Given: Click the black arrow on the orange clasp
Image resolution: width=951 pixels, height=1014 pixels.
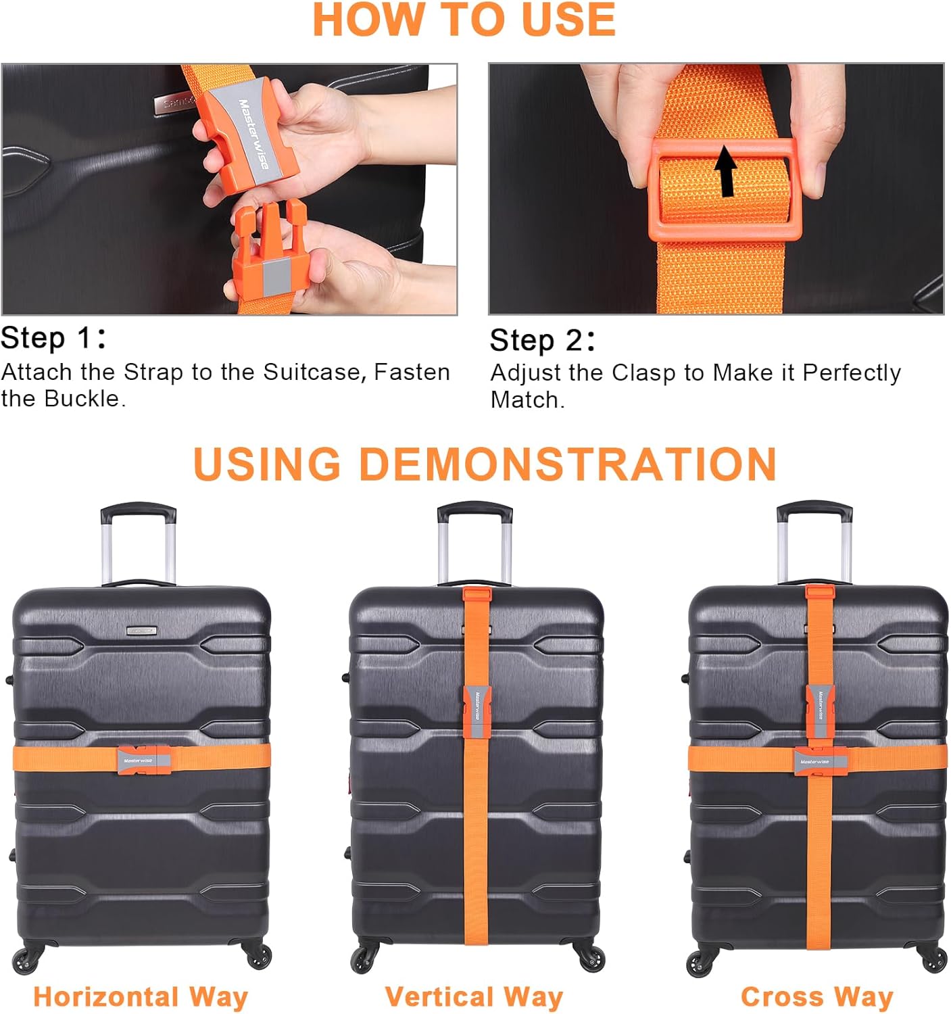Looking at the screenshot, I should click(x=727, y=172).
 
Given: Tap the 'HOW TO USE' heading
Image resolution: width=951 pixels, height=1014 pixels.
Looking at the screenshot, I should click(x=464, y=20).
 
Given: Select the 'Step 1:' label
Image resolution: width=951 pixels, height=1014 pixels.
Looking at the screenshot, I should click(x=53, y=338).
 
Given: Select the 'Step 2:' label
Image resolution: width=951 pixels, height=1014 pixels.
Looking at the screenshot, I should click(x=542, y=340).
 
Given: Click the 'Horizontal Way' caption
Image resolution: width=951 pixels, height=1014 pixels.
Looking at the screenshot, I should click(x=141, y=997).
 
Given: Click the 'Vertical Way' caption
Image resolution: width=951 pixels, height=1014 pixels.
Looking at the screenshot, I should click(x=474, y=997).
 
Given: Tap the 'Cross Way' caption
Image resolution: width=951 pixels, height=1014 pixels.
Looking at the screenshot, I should click(x=816, y=997).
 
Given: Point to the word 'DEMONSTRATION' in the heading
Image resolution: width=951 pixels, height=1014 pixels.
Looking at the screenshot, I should click(x=567, y=464).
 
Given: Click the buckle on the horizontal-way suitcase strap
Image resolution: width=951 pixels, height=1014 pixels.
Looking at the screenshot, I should click(x=143, y=760).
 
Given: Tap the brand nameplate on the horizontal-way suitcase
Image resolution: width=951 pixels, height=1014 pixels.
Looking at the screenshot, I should click(x=141, y=631).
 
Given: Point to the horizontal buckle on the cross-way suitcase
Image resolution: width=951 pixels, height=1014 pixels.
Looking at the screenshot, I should click(x=820, y=761).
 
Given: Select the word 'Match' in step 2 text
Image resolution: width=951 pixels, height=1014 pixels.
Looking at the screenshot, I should click(x=525, y=400).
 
